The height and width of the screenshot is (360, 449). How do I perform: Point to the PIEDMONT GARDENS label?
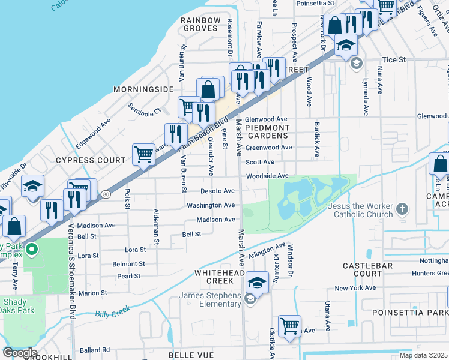tap(268, 131)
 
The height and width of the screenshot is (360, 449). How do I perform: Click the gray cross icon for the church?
tap(402, 209)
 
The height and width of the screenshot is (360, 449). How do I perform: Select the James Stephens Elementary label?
tap(210, 299)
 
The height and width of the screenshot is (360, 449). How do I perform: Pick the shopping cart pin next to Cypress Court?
tap(144, 154)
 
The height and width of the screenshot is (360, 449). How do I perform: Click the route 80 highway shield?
tap(106, 194)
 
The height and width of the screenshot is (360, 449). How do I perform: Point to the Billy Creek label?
tap(112, 313)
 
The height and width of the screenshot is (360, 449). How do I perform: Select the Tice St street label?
tap(394, 60)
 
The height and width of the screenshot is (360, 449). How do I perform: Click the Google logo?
tap(20, 353)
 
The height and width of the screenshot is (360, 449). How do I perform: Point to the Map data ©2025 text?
tap(424, 355)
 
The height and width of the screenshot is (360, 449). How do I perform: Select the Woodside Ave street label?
tap(267, 176)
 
